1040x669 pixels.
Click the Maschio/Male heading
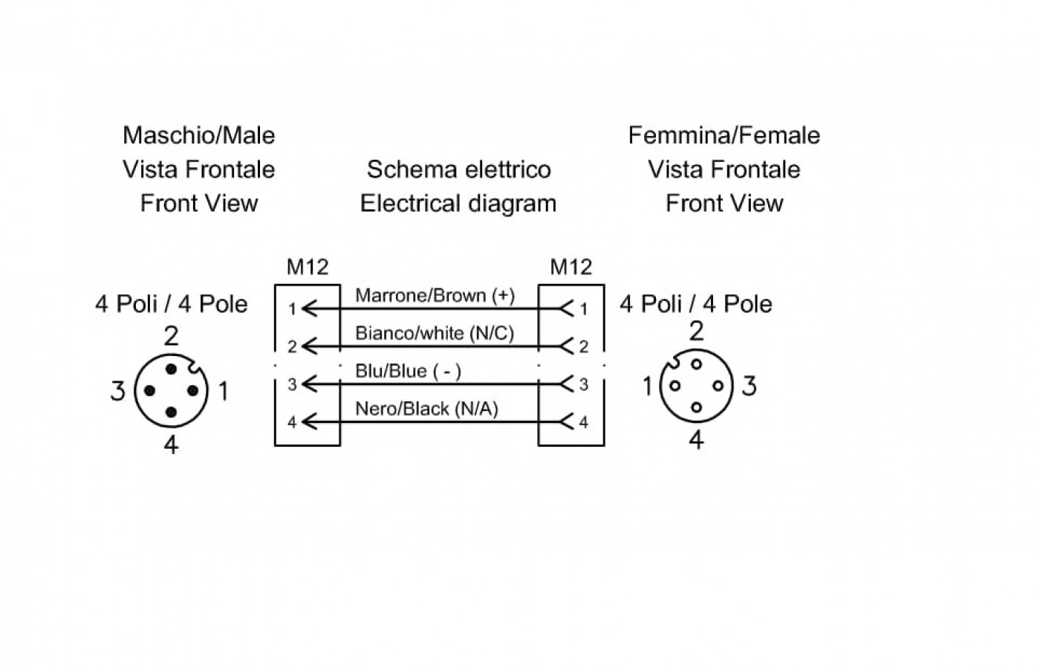[x=199, y=135]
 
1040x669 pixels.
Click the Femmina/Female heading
[x=724, y=135]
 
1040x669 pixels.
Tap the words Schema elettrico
[x=459, y=169]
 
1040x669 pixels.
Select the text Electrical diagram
[x=458, y=204]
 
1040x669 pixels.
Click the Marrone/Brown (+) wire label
[x=435, y=296]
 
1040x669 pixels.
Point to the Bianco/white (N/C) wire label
[x=435, y=333]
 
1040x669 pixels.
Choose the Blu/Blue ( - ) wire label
[x=408, y=371]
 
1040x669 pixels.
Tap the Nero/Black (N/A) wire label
[x=426, y=409]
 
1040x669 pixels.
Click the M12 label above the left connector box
[x=308, y=267]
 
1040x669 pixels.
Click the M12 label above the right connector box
[x=571, y=267]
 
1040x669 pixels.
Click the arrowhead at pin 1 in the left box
[x=309, y=308]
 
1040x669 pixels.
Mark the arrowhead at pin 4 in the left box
[x=309, y=422]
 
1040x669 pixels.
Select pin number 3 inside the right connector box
[x=584, y=385]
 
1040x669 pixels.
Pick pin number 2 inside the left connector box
[x=292, y=346]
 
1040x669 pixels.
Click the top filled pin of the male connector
[x=172, y=369]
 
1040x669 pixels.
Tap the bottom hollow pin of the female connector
[x=696, y=407]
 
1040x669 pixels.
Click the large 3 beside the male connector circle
[x=117, y=391]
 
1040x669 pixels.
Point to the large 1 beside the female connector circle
[x=648, y=386]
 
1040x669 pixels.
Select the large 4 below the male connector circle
[x=171, y=445]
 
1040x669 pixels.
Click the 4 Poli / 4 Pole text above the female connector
[x=696, y=304]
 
